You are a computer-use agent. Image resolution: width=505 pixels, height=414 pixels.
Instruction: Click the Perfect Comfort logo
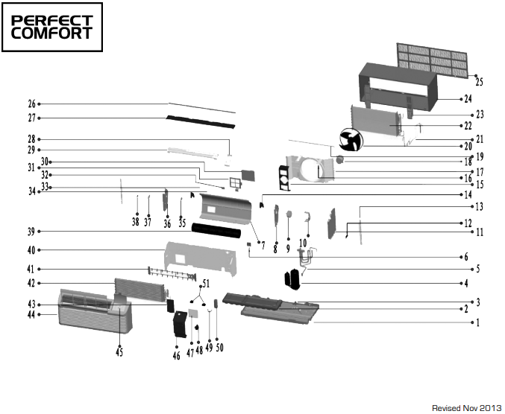52,27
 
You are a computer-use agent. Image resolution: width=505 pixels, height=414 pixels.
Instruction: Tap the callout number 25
479,82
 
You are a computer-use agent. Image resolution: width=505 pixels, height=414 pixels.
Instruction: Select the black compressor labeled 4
292,279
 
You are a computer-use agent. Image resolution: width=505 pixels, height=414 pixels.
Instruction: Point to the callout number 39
31,232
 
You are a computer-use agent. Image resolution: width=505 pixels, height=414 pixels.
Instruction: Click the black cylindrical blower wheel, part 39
216,231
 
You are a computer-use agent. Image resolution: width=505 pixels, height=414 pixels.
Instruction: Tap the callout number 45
119,352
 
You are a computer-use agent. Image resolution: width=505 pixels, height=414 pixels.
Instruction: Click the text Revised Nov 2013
466,408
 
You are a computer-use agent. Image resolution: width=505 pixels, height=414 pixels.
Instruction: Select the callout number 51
206,284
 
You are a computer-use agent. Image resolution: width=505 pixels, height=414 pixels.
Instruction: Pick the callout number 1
478,322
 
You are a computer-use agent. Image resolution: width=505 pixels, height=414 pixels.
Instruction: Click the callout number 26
31,104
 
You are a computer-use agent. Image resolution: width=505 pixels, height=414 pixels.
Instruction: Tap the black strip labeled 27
201,122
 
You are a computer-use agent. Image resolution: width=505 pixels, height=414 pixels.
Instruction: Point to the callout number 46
176,356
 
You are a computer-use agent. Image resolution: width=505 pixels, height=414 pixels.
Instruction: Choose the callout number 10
303,243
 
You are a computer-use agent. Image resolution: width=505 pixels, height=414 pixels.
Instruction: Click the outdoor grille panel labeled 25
432,60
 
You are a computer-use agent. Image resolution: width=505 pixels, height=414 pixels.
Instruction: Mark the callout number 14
468,195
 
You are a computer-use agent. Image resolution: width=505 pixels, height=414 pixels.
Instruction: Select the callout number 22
468,126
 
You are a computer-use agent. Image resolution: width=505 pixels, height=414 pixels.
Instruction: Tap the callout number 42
31,283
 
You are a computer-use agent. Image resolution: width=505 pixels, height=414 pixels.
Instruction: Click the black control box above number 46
180,324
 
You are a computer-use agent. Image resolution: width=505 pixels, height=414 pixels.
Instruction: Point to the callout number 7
263,246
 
